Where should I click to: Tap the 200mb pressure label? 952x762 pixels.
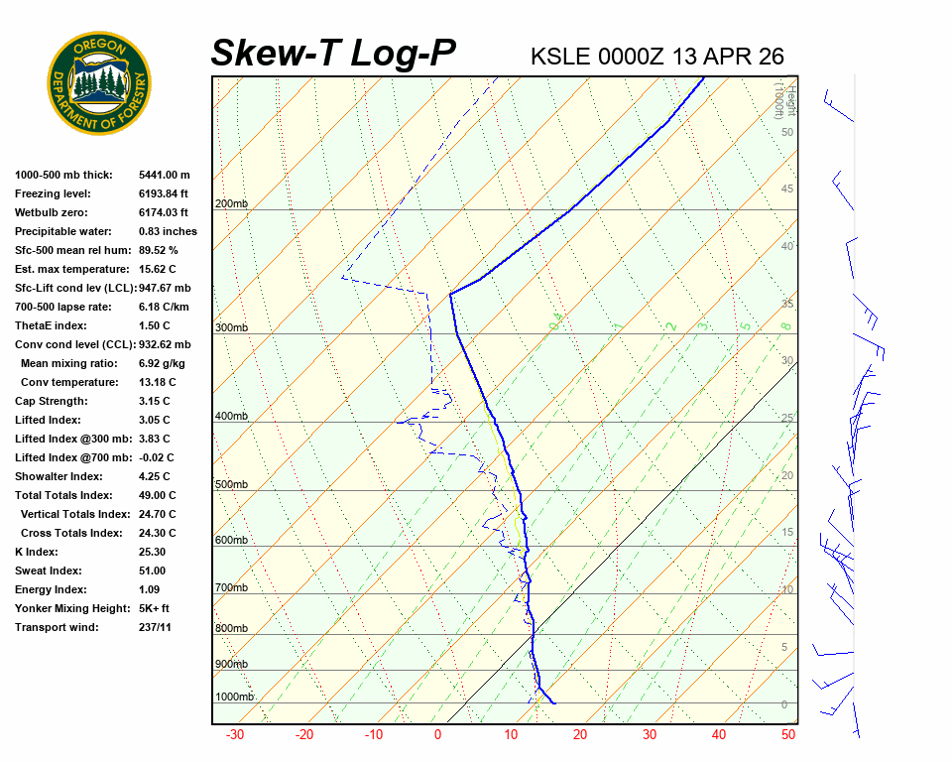click(231, 204)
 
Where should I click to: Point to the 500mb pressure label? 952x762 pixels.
click(231, 485)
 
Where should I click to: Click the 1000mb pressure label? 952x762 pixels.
click(234, 698)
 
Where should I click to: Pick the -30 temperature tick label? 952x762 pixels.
click(235, 735)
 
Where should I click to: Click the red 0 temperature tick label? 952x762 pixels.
click(437, 735)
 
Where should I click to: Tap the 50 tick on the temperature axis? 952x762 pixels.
click(788, 735)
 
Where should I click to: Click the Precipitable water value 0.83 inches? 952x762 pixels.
click(168, 231)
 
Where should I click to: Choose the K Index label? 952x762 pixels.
click(37, 552)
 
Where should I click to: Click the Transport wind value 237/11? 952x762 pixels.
click(155, 627)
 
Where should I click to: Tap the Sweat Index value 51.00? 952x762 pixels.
click(152, 571)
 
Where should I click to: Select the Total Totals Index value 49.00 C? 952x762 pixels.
click(157, 495)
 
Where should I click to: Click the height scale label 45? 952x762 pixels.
click(787, 190)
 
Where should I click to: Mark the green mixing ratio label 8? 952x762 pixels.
click(785, 325)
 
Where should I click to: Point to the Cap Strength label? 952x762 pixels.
click(51, 401)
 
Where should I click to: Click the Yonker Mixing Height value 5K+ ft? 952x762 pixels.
click(154, 608)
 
